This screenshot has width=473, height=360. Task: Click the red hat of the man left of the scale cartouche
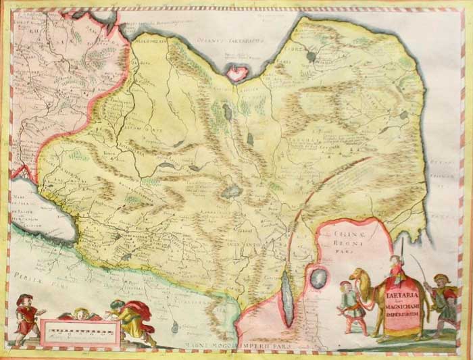[26, 300]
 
